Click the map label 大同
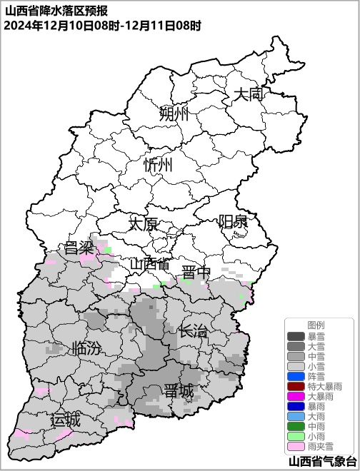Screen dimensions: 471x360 coord(250,93)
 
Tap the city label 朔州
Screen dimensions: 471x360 coord(174,113)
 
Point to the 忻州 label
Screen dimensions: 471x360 coord(158,166)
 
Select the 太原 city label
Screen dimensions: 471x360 coord(143,223)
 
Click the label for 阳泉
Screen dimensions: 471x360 coord(233,221)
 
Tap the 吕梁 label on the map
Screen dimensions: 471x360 coord(79,248)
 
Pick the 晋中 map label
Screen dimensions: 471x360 coord(196,272)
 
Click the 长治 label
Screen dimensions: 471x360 coord(193,330)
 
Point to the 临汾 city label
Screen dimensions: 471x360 coord(86,349)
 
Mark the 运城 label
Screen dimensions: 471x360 coord(65,420)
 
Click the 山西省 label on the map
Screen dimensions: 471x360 coord(149,264)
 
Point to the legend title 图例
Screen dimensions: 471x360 coord(316,325)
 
